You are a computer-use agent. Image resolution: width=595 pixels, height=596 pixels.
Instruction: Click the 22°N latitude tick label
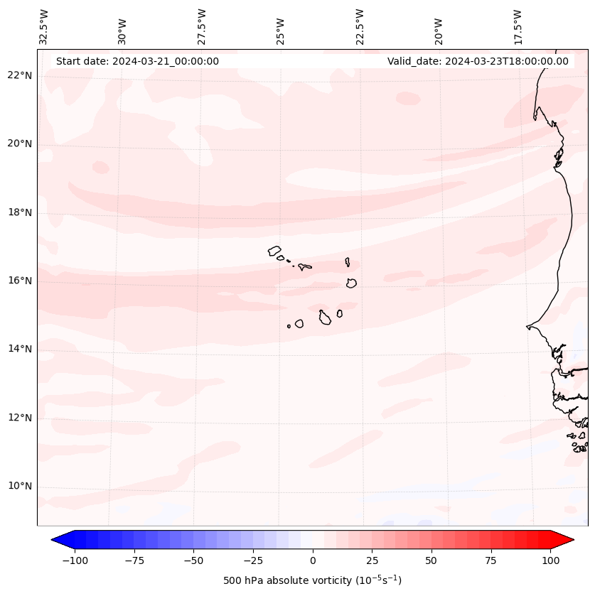point(20,76)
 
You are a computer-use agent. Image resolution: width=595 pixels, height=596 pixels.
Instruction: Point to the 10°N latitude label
point(20,487)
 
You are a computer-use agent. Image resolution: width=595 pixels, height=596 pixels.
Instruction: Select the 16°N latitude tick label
point(20,281)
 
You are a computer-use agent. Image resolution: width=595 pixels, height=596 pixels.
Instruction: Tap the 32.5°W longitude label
point(44,27)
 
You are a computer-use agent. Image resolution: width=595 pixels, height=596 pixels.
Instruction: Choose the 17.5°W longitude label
point(518,27)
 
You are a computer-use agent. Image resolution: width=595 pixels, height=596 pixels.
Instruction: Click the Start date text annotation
point(137,61)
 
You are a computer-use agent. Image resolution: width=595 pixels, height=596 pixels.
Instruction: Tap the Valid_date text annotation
point(478,61)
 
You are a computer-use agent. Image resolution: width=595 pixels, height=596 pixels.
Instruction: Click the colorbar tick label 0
point(313,560)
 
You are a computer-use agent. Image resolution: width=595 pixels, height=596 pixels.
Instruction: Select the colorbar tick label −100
point(75,560)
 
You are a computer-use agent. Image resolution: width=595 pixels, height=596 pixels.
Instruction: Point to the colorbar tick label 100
point(550,560)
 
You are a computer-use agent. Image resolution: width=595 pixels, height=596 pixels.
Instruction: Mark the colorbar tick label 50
point(431,560)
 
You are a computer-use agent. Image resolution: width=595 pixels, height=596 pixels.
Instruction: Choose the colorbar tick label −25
point(253,560)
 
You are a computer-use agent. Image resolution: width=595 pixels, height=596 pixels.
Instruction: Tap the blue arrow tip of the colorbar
point(57,541)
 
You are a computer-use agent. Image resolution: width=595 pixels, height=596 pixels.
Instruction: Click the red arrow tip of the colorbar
point(569,541)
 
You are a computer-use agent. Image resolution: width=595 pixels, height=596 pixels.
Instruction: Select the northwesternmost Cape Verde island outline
point(274,250)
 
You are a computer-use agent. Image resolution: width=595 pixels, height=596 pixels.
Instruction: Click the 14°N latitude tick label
point(20,350)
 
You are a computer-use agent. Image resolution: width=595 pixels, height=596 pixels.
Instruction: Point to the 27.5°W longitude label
point(202,27)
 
